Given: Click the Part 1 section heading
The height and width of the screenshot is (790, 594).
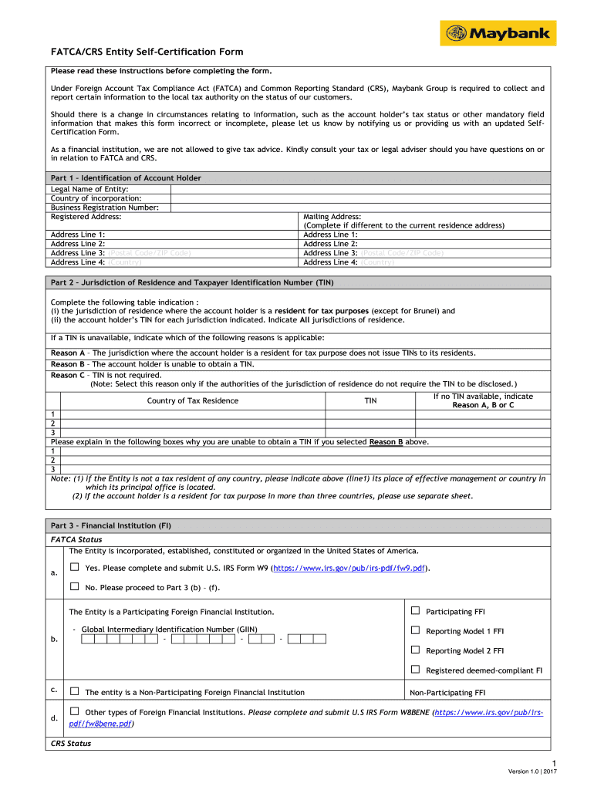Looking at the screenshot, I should pos(126,178).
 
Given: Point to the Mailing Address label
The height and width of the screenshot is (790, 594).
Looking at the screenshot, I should pos(332,217).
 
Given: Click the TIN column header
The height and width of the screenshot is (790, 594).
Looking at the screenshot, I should pos(370,400).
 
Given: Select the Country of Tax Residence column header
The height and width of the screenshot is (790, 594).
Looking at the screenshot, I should pos(193,400).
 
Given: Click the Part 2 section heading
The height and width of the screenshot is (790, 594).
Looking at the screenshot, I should pos(192,283).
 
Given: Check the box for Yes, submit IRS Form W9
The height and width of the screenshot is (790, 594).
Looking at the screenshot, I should pos(75,568).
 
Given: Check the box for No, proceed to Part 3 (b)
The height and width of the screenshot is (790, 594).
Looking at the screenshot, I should pos(75,586).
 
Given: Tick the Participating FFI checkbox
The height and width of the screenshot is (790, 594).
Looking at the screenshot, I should pos(415,611).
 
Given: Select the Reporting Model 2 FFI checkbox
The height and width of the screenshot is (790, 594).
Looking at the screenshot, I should pos(415,650).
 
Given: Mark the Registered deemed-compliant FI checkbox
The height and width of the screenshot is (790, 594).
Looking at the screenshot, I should pos(415,670).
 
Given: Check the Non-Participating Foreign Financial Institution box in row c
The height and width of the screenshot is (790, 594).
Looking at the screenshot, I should pos(75,691).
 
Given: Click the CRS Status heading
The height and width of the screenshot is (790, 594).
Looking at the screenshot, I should pos(71,744).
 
